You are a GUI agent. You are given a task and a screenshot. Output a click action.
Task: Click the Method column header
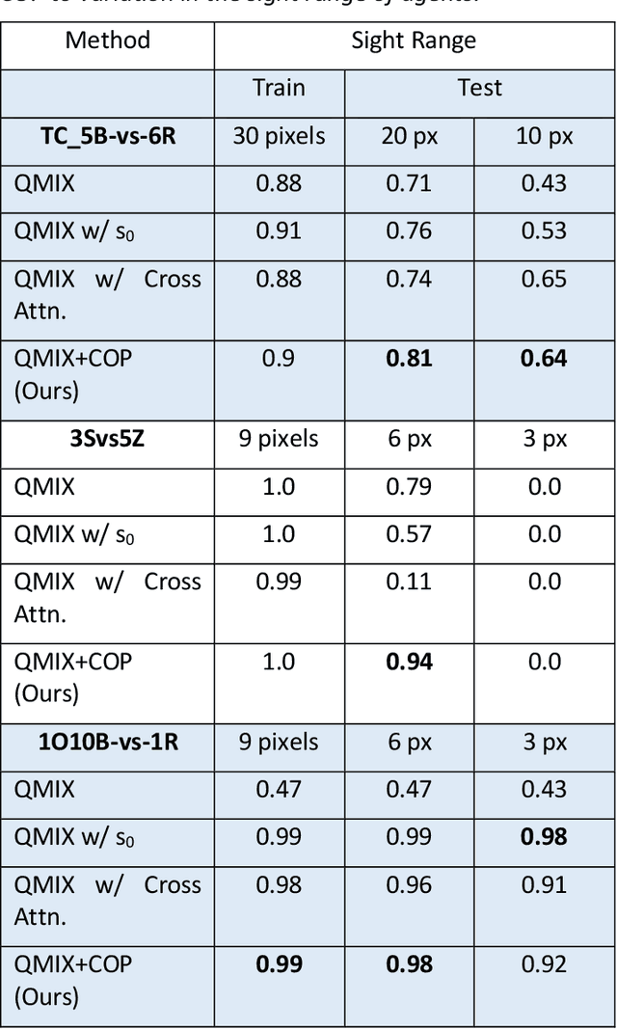pos(108,40)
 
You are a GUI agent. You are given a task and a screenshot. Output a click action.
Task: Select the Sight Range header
pos(414,40)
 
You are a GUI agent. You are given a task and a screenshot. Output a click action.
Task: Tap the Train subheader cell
pos(279,88)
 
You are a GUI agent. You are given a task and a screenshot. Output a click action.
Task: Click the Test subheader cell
pos(479,88)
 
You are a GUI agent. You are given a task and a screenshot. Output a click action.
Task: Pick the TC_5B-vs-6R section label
pos(108,136)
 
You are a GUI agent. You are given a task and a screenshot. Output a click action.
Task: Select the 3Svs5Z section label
pos(108,439)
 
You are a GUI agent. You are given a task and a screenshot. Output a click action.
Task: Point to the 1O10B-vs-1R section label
pos(108,742)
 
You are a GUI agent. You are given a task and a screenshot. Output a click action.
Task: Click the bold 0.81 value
pos(410,359)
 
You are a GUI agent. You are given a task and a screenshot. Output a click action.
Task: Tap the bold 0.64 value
pos(545,359)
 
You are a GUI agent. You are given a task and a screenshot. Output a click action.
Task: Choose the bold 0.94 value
pos(410,662)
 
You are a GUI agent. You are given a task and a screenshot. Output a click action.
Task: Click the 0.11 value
pos(410,582)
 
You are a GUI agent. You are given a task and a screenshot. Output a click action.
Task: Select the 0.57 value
pos(410,533)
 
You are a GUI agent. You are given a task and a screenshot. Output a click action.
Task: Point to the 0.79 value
pos(410,486)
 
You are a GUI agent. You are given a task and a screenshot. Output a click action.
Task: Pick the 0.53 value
pos(545,230)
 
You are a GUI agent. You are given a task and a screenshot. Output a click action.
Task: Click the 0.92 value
pos(545,964)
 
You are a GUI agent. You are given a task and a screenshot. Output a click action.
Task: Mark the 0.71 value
pos(410,183)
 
